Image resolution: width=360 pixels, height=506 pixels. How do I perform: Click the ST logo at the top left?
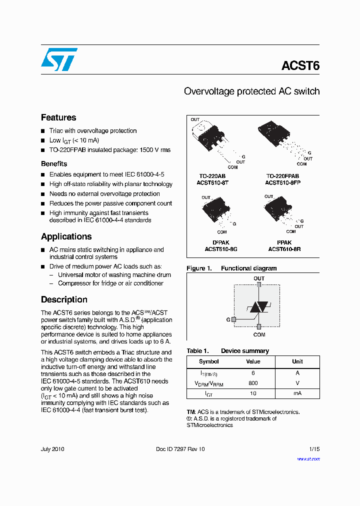(x=59, y=59)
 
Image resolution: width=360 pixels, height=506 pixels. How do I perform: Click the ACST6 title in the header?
(x=300, y=66)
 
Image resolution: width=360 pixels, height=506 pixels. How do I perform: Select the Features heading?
(x=58, y=117)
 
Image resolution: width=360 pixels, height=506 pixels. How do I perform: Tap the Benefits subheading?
(x=54, y=163)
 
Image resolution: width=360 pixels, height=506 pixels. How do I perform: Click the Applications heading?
(x=66, y=236)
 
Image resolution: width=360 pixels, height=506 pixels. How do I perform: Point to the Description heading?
(x=64, y=299)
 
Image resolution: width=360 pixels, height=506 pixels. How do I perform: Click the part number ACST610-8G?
(x=220, y=248)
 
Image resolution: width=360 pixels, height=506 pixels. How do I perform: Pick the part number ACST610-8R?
(x=284, y=248)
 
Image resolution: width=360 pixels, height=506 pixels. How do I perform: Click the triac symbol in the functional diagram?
(x=258, y=307)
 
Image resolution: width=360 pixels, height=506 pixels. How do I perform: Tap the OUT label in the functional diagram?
(x=259, y=278)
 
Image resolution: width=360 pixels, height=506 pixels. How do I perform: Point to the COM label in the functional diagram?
(x=259, y=334)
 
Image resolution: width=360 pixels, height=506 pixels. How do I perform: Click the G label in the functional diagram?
(x=228, y=319)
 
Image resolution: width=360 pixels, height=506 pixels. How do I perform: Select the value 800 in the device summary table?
(x=253, y=383)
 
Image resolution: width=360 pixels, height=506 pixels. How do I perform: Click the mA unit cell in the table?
(x=297, y=393)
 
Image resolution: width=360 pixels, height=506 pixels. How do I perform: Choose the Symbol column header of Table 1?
(x=208, y=361)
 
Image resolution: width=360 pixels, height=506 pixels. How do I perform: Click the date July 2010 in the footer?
(x=52, y=449)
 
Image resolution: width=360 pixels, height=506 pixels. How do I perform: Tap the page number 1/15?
(x=314, y=449)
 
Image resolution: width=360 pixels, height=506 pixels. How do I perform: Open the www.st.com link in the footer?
(x=308, y=458)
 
